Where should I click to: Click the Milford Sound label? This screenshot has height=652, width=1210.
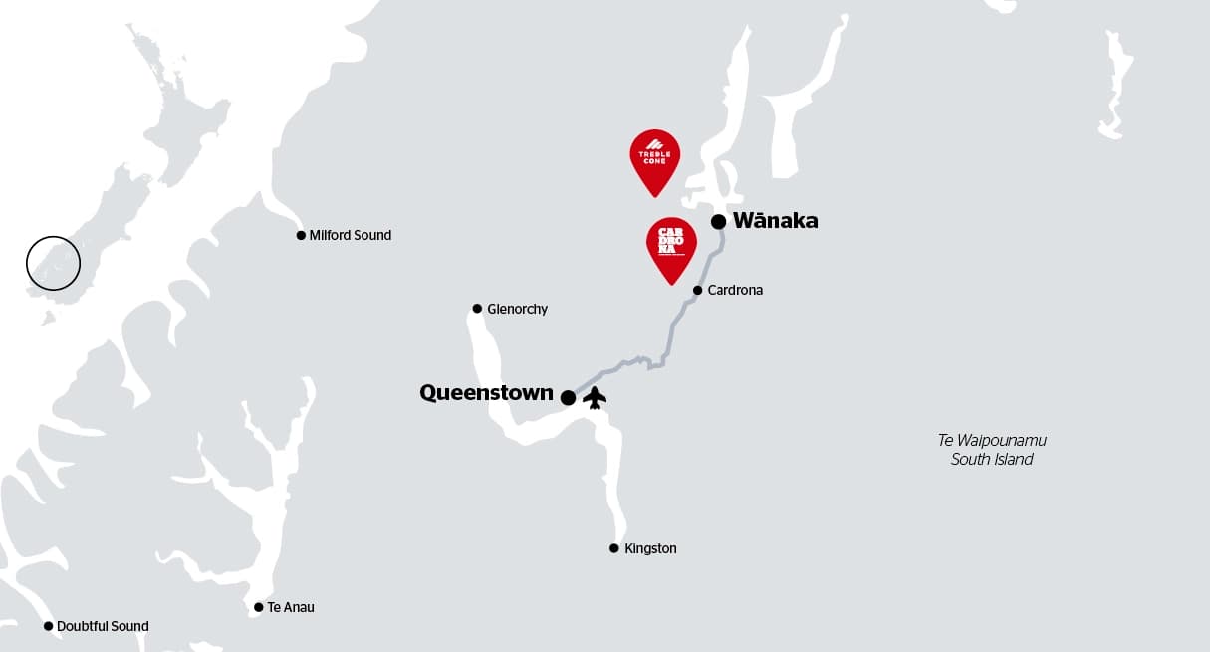coord(350,236)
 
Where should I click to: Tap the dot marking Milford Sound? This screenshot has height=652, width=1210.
coord(301,236)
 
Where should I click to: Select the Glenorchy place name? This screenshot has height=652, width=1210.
coord(517,310)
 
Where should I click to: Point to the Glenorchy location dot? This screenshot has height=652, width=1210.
coord(477,309)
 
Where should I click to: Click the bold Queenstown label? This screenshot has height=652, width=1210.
coord(486,393)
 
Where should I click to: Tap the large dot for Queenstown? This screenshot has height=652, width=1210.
coord(568,398)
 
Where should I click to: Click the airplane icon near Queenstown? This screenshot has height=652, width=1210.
coord(595,397)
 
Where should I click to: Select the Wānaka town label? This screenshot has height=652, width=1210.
coord(775,221)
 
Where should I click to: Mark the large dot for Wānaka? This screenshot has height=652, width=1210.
coord(718,221)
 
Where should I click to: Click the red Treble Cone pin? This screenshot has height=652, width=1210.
coord(654,157)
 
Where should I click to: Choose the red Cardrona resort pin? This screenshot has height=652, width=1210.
coord(671,245)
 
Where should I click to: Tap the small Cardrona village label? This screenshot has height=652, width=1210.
coord(735,291)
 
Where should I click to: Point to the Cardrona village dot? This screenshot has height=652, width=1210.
coord(697,291)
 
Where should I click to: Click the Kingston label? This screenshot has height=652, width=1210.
coord(650,549)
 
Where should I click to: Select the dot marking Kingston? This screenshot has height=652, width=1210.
coord(614,548)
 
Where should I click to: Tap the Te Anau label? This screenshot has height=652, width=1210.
coord(290,607)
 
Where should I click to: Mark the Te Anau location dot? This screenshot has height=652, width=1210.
coord(259,607)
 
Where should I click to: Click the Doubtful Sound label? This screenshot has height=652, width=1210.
coord(103,627)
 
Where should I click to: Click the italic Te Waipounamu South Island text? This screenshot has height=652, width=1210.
coord(992,450)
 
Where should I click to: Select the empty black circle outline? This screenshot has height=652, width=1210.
coord(53,263)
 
